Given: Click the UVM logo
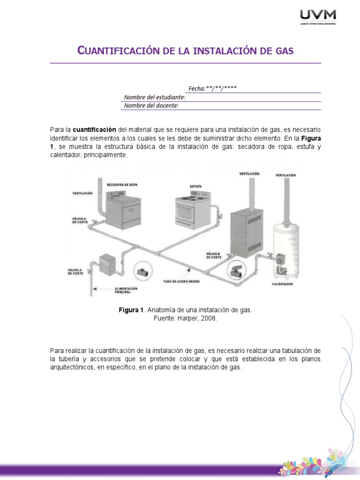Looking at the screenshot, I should (x=317, y=18).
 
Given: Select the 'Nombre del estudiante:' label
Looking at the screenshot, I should (x=155, y=97).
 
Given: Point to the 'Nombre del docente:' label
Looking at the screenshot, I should (x=151, y=105).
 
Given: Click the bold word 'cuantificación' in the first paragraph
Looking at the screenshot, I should (x=95, y=129).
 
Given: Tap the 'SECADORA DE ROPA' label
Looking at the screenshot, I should (x=123, y=184).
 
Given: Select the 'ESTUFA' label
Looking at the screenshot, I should (x=195, y=186).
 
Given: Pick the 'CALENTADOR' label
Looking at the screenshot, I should (x=283, y=284).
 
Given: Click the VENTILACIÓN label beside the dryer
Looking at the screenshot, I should (x=82, y=193).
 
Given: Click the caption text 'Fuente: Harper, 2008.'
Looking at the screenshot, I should (x=185, y=318).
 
